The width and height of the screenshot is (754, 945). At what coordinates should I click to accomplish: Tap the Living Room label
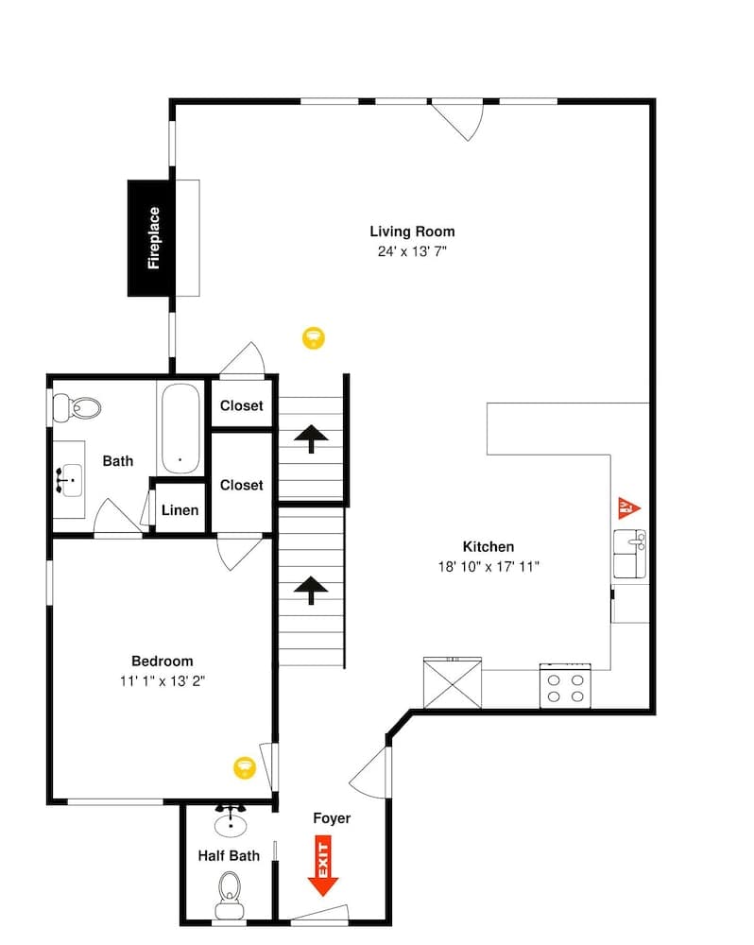pos(412,232)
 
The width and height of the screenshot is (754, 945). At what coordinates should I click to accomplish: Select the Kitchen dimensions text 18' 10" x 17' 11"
pos(488,566)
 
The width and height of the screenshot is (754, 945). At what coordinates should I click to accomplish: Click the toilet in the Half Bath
pos(230,892)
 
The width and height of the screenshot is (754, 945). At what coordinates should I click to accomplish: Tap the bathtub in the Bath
pos(180,428)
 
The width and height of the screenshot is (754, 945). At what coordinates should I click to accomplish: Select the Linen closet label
pos(180,510)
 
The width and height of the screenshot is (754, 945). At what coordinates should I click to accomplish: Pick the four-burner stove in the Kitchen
pos(565,686)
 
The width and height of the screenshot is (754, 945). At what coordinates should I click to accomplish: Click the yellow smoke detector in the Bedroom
pos(246,766)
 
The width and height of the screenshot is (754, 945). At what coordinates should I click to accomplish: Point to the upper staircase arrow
pos(311,438)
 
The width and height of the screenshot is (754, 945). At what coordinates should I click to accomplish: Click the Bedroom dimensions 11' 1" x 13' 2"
pos(162,679)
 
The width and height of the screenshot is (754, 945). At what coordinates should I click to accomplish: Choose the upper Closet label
pos(242,406)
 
